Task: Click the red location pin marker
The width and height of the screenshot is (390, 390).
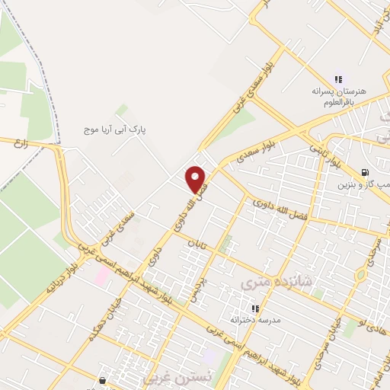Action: pyautogui.click(x=197, y=180)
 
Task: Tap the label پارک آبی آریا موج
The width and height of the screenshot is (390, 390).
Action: pyautogui.click(x=114, y=130)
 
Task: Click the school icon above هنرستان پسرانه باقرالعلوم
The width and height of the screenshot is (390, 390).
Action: pyautogui.click(x=338, y=79)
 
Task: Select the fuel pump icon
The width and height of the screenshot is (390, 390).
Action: pyautogui.click(x=366, y=172)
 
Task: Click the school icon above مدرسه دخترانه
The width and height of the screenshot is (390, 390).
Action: pyautogui.click(x=255, y=308)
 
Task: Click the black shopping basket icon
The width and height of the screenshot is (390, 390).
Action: pyautogui.click(x=103, y=379)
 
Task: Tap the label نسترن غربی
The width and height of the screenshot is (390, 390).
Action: pyautogui.click(x=169, y=378)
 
